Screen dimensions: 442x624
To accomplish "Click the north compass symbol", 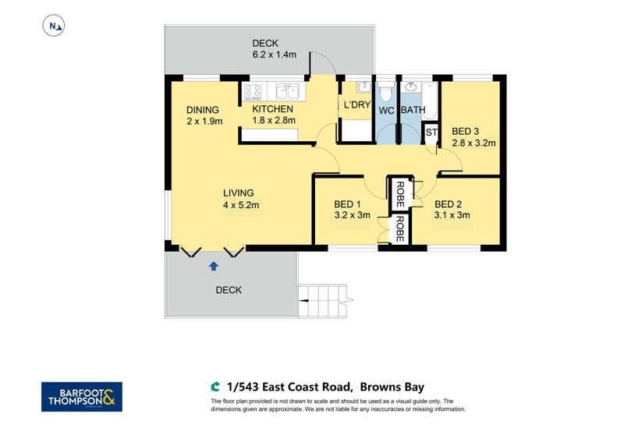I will point(54,27).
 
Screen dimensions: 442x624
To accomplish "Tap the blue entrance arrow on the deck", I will point(213,266).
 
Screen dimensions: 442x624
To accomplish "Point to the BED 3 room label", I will point(468,131).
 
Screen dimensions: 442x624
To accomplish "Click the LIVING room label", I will point(239,193).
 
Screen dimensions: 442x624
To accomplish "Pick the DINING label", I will point(203,110).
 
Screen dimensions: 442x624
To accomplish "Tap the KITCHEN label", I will point(272,109).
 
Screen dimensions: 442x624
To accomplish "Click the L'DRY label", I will point(356,105).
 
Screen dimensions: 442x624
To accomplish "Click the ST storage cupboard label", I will point(431,133).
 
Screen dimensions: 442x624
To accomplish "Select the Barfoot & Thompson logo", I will point(80,397).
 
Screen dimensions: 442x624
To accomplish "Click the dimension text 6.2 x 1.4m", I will point(264,55).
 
